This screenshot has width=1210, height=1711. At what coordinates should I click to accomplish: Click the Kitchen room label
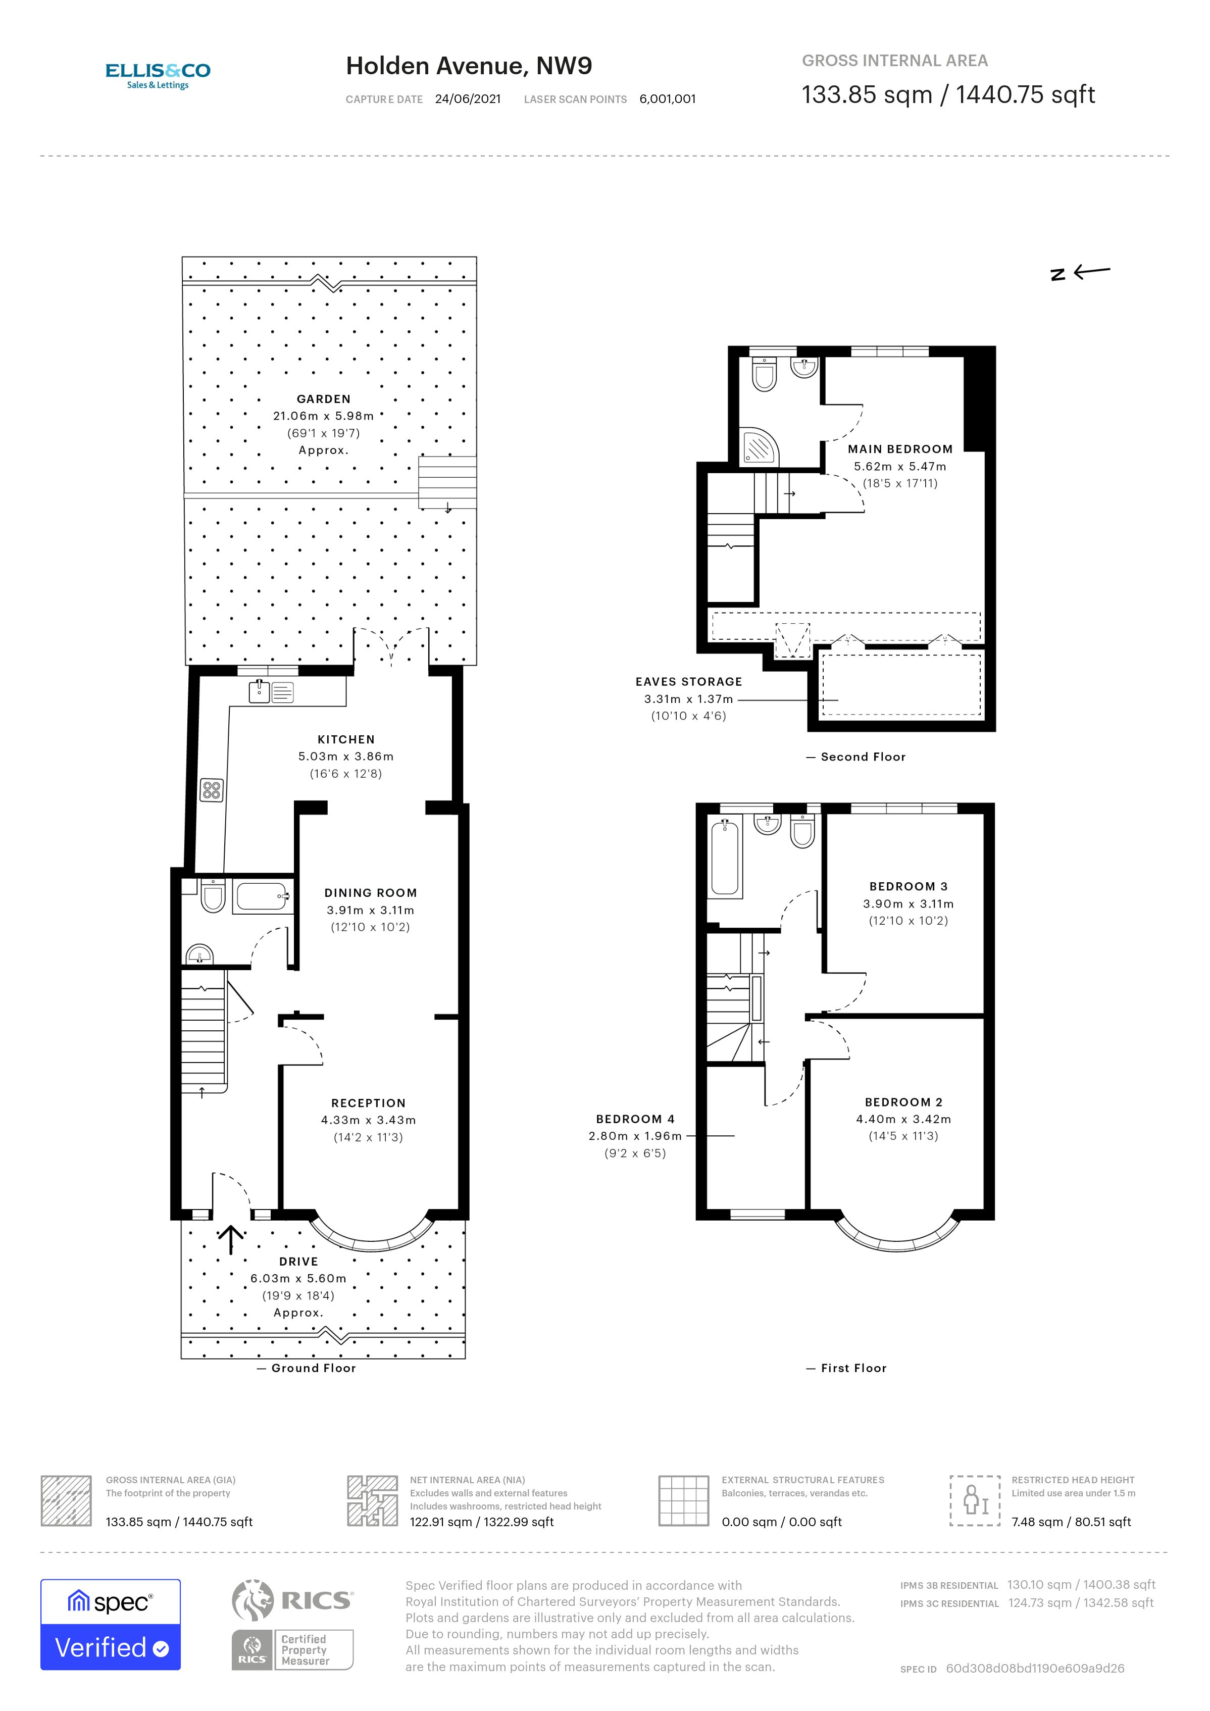(x=346, y=739)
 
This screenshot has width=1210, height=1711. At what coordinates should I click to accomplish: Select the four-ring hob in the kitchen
(x=212, y=790)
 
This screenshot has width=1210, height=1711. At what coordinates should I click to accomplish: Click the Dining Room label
(x=370, y=893)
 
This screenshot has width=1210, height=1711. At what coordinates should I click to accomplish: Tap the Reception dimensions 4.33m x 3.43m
(x=368, y=1120)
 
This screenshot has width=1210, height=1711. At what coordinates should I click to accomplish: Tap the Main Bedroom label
(x=900, y=449)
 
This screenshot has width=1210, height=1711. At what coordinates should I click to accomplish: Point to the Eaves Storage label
(x=688, y=682)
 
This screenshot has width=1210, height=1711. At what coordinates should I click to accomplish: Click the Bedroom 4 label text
(x=635, y=1119)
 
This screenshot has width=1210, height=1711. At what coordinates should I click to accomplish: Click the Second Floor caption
(x=862, y=757)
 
